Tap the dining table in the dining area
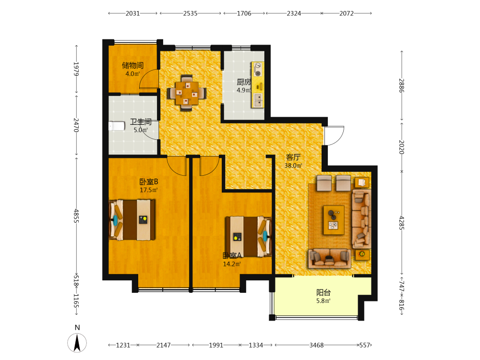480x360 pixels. click(186, 93)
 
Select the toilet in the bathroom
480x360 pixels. click(117, 126)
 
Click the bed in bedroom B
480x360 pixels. click(132, 220)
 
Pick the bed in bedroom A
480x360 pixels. click(249, 237)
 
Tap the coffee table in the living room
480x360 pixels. click(334, 220)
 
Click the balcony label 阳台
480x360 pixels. click(323, 292)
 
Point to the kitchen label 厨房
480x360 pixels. click(244, 82)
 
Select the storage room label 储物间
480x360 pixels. click(132, 65)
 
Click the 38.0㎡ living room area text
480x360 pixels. click(293, 166)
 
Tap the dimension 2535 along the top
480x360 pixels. click(190, 13)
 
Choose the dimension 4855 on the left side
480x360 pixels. click(76, 216)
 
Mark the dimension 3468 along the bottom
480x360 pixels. click(316, 345)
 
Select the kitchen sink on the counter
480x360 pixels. click(258, 100)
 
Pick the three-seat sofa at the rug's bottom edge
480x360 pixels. click(329, 259)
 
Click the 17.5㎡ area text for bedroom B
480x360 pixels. click(149, 190)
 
